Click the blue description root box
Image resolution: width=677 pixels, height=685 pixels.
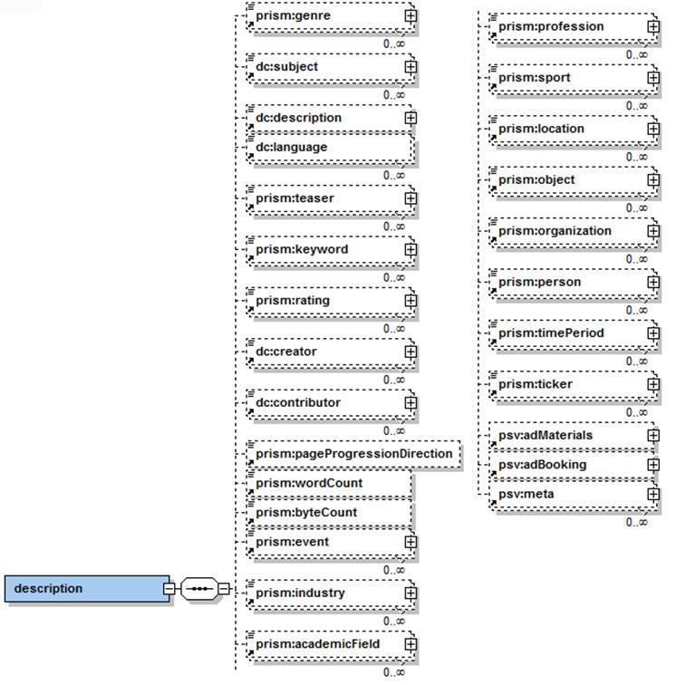(87, 589)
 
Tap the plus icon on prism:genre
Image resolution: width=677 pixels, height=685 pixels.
(410, 15)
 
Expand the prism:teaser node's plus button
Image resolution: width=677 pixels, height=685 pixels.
(410, 198)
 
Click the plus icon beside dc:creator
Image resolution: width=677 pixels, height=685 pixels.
(410, 351)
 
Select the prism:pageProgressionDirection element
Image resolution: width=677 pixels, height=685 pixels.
(353, 453)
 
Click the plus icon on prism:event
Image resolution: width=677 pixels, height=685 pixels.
(410, 542)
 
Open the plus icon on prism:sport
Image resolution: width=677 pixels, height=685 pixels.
(653, 78)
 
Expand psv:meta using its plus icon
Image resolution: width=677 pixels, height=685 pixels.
(653, 494)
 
